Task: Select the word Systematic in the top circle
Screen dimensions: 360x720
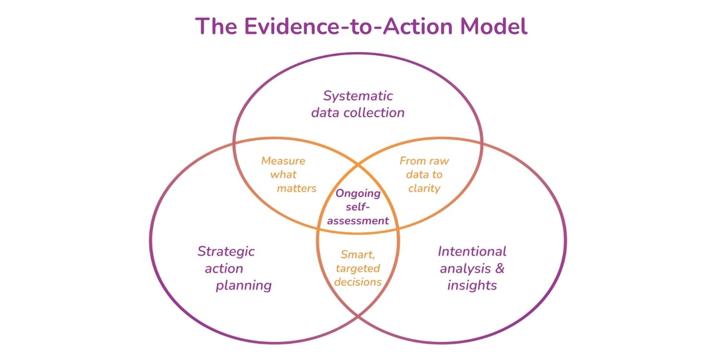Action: click(358, 96)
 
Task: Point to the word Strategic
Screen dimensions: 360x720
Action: click(226, 251)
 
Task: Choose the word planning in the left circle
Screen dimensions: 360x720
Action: click(243, 286)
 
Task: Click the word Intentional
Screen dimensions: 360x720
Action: click(472, 251)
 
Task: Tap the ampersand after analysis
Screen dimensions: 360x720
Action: click(499, 268)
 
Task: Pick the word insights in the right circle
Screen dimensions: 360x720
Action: click(472, 286)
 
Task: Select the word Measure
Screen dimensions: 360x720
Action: click(283, 161)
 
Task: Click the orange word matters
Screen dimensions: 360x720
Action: click(297, 188)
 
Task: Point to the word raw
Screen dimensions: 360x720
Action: click(438, 161)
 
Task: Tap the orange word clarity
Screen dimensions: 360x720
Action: click(424, 188)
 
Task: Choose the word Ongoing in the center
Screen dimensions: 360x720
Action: click(358, 194)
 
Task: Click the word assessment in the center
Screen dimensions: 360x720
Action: click(358, 221)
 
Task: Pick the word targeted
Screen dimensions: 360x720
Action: click(357, 268)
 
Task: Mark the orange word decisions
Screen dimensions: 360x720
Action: click(358, 282)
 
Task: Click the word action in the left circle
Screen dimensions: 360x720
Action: click(224, 268)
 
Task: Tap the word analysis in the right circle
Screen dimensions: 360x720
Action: click(464, 268)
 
